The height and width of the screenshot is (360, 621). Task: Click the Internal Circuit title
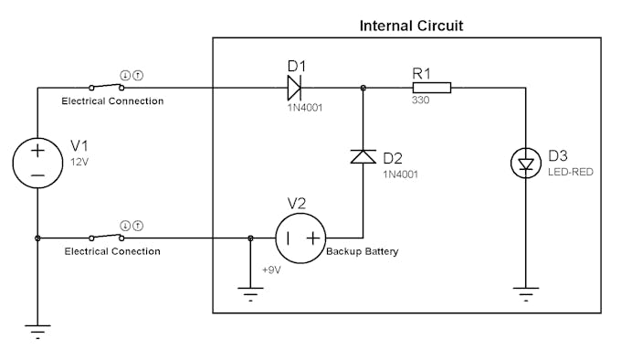click(411, 26)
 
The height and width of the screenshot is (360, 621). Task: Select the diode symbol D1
click(293, 88)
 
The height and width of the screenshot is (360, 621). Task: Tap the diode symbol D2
click(363, 156)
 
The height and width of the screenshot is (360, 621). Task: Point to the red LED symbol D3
click(525, 164)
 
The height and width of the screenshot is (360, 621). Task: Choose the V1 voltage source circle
click(37, 163)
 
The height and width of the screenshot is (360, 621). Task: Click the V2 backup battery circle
click(300, 238)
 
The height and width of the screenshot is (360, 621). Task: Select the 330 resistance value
click(420, 101)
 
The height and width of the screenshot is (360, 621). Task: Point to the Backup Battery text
click(363, 251)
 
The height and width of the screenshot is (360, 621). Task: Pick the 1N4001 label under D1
click(304, 107)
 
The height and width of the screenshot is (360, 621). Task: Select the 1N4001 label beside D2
click(401, 174)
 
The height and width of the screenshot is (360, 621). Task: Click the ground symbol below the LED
click(525, 293)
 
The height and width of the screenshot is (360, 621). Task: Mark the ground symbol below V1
click(37, 331)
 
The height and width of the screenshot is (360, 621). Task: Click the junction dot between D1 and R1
click(363, 88)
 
